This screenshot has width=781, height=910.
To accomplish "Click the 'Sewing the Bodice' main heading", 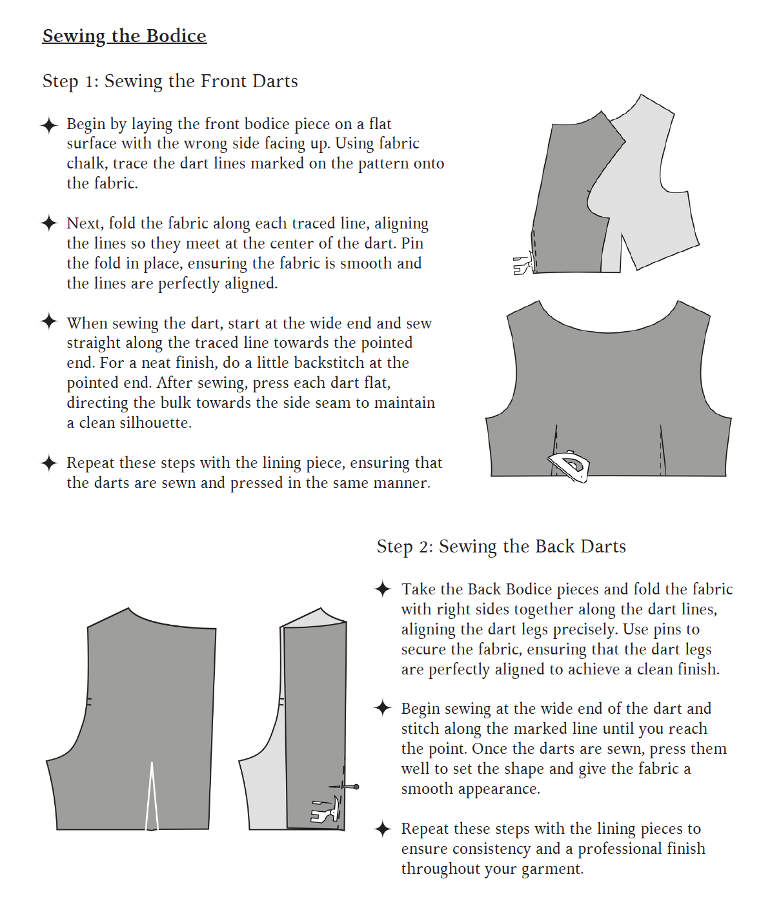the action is (x=124, y=36).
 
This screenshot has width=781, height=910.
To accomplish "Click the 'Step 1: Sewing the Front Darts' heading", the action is (x=170, y=81).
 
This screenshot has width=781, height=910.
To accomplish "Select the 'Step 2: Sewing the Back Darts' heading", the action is (x=501, y=547).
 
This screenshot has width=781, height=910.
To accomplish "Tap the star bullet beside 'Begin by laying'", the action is (x=49, y=125).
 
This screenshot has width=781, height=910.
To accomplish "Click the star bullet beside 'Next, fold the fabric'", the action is (x=49, y=223).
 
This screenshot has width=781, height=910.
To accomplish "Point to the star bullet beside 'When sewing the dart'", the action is (x=49, y=321).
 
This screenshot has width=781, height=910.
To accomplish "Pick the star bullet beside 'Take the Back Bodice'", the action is (x=383, y=589).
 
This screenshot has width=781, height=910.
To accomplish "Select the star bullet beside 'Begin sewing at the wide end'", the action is (x=383, y=709).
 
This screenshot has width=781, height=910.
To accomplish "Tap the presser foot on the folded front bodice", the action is (x=524, y=265).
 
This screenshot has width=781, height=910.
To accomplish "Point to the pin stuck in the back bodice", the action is (x=344, y=787).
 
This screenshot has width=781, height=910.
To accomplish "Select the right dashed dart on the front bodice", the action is (x=662, y=450).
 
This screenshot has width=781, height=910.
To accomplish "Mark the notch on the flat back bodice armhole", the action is (x=89, y=702).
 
